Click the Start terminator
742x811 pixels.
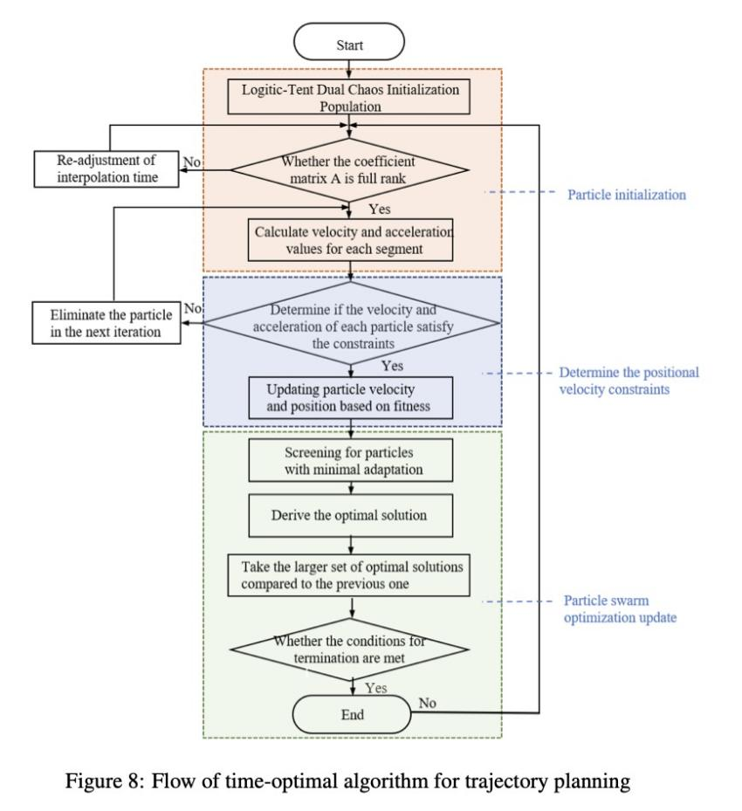[349, 41]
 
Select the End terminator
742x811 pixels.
[352, 714]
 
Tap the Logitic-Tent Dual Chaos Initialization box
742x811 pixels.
[349, 97]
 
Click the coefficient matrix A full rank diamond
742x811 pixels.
[349, 169]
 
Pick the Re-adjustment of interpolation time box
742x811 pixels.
[106, 169]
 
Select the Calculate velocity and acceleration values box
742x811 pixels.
[351, 240]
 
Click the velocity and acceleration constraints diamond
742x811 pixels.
[352, 323]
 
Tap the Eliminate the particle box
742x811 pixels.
[106, 323]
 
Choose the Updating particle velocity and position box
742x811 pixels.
[351, 398]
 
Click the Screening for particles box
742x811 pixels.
[351, 460]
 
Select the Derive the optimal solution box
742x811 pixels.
[351, 515]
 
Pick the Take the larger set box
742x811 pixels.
[349, 575]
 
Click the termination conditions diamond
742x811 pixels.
[349, 649]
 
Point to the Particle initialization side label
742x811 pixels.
[627, 195]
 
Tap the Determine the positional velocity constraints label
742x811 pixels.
[629, 381]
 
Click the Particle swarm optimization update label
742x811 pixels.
[620, 608]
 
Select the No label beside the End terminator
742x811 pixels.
[427, 703]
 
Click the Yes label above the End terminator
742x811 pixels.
[376, 688]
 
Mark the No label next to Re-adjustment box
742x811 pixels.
[192, 162]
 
